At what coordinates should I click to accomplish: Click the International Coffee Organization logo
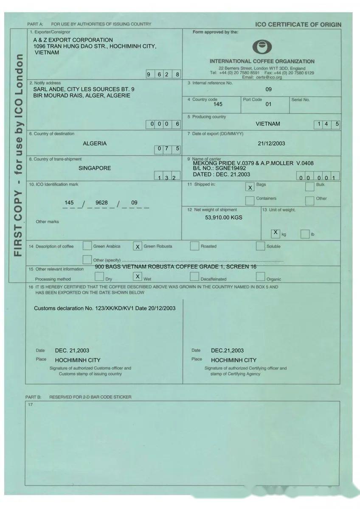point(262,47)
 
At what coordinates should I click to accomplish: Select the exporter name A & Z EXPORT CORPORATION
point(73,40)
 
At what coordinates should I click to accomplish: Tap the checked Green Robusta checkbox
point(138,246)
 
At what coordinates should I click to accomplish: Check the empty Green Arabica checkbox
point(87,246)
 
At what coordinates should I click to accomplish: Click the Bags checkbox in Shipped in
point(250,187)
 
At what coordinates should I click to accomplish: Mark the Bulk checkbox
point(309,187)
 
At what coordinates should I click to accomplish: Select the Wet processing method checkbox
point(138,277)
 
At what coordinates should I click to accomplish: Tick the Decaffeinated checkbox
point(194,277)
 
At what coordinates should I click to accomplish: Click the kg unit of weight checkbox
point(276,233)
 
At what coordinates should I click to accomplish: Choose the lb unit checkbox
point(305,234)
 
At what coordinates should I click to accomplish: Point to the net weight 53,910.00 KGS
point(224,218)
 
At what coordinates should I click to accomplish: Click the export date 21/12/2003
point(271,143)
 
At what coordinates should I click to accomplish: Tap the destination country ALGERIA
point(95,143)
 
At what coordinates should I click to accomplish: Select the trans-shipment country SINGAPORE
point(95,168)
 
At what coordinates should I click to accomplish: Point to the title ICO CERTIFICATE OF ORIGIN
point(298,25)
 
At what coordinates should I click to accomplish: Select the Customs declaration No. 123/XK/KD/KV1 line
point(104,308)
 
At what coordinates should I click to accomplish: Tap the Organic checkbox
point(261,277)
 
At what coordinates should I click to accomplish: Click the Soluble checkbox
point(260,246)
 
